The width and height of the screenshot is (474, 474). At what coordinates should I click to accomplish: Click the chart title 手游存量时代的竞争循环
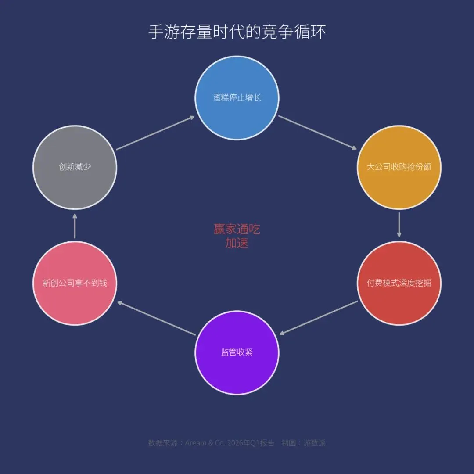[237, 32]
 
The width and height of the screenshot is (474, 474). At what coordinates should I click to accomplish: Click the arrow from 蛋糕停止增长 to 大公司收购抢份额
[318, 133]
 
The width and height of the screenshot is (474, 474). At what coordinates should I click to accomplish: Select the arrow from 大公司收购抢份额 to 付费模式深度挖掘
[399, 225]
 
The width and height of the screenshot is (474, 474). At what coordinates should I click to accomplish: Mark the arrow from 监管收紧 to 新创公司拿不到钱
[156, 318]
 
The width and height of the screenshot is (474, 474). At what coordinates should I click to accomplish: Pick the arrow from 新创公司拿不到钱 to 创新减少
[75, 226]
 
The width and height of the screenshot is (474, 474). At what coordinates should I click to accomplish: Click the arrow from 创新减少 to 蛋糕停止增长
[155, 133]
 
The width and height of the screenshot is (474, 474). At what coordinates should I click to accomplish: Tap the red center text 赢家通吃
[237, 229]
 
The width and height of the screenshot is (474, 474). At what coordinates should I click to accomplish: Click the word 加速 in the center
[237, 243]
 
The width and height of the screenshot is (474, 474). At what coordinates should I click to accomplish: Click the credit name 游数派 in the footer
[314, 443]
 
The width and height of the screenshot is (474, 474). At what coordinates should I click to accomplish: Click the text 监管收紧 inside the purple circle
[237, 352]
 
